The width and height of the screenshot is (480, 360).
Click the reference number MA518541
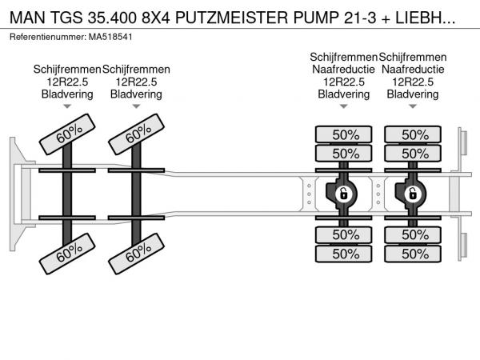pyautogui.click(x=110, y=37)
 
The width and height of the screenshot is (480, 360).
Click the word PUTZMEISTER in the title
pyautogui.click(x=232, y=18)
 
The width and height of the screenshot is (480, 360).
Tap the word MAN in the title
pyautogui.click(x=27, y=18)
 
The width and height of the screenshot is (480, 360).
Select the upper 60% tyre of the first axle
pyautogui.click(x=67, y=134)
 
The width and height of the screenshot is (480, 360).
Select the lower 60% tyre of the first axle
pyautogui.click(x=67, y=254)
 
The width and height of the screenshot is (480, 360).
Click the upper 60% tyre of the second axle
pyautogui.click(x=137, y=134)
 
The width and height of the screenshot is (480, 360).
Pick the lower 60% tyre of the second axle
pyautogui.click(x=137, y=254)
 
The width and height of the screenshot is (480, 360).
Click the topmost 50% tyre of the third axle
pyautogui.click(x=344, y=134)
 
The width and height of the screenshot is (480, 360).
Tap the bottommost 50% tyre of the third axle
pyautogui.click(x=344, y=254)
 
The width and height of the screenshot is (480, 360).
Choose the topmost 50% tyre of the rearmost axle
pyautogui.click(x=413, y=134)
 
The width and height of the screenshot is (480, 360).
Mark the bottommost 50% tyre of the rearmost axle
pyautogui.click(x=413, y=254)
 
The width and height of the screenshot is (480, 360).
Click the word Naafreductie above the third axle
pyautogui.click(x=343, y=70)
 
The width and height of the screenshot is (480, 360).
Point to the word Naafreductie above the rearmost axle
pyautogui.click(x=413, y=70)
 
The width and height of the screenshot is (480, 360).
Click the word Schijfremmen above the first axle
pyautogui.click(x=67, y=70)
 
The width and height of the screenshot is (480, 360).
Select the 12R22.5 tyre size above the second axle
pyautogui.click(x=136, y=82)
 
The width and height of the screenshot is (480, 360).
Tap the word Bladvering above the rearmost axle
pyautogui.click(x=413, y=94)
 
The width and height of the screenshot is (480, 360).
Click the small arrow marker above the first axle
pyautogui.click(x=67, y=106)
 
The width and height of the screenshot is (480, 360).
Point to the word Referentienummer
pyautogui.click(x=48, y=37)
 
